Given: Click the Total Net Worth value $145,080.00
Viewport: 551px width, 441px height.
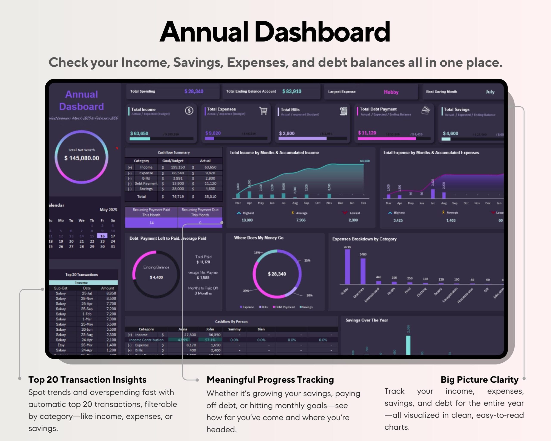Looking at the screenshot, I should point(82,158).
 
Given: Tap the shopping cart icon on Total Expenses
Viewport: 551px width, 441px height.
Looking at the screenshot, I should point(263,110).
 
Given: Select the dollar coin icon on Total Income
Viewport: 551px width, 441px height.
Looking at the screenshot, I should point(189,110).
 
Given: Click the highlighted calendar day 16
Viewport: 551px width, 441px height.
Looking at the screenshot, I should point(102,236).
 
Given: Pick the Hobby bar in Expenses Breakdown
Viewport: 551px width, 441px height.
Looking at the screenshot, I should point(347,267).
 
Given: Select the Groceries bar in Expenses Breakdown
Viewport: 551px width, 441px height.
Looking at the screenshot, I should point(363,271).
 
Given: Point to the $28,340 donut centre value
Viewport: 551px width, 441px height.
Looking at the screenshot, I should point(277,274).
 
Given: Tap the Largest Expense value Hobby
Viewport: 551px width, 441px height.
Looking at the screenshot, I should point(391,92).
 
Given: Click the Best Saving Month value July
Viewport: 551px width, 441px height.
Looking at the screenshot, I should point(490,92).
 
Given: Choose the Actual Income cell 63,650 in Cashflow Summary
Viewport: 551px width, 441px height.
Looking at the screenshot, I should point(210,167).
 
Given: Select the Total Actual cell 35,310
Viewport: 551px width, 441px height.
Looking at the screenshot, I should point(210,197).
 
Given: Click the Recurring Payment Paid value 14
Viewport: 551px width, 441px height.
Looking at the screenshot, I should point(151,223).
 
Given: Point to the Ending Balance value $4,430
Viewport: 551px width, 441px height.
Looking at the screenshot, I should point(156,277).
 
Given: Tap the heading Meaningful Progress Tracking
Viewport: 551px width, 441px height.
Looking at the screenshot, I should point(270,380).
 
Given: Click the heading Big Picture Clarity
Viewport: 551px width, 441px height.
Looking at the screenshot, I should point(480,380).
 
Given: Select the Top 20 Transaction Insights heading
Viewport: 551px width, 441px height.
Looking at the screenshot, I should point(87,380).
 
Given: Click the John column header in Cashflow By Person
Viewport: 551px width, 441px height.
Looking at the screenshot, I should point(210,329).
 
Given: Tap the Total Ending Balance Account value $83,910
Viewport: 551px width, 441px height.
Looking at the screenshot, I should point(292,91).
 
